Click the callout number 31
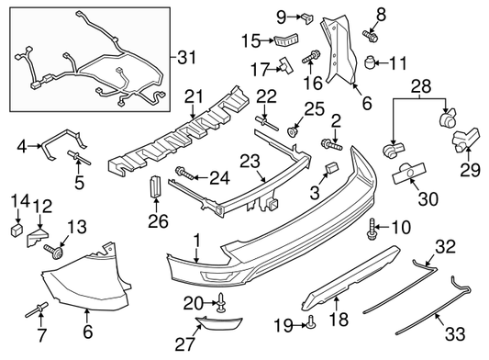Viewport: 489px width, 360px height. (x=187, y=58)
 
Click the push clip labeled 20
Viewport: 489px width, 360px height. (x=221, y=300)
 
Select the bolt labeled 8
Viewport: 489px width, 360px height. (x=371, y=36)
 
